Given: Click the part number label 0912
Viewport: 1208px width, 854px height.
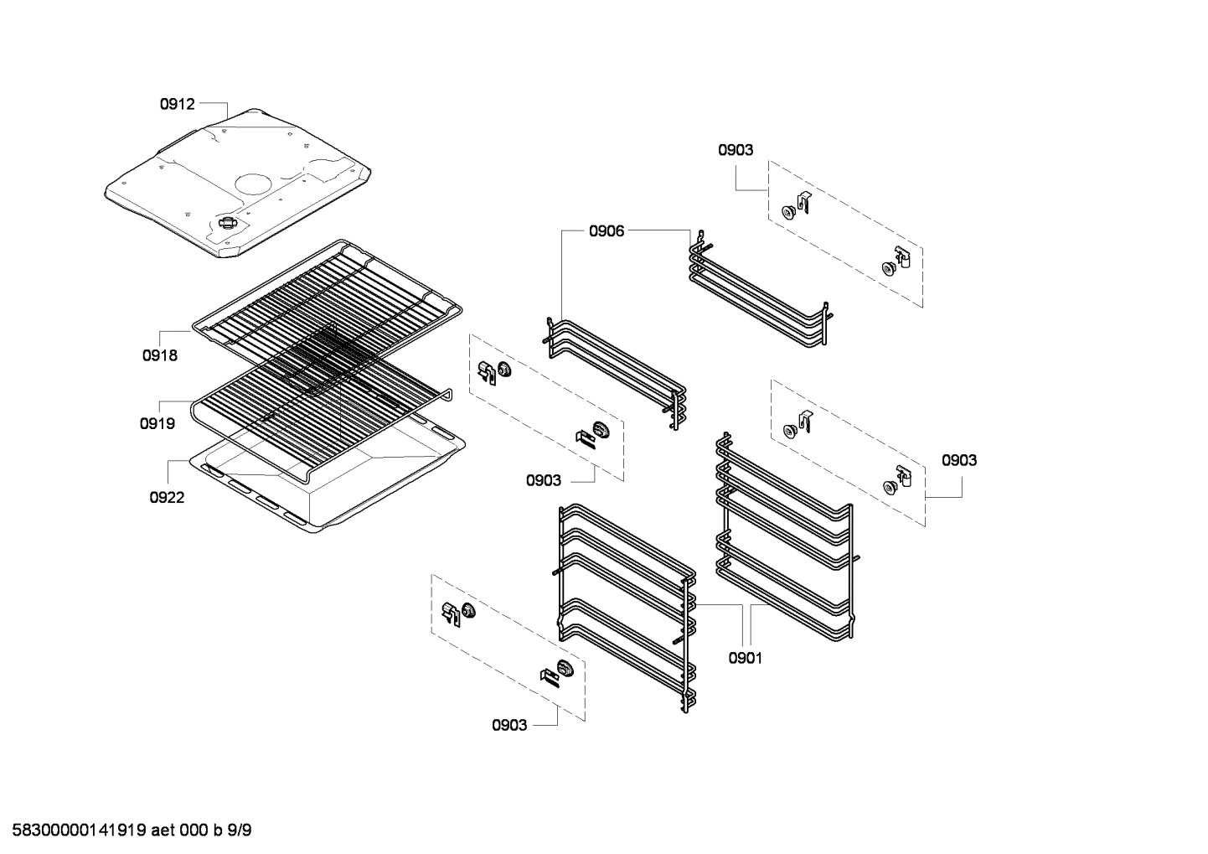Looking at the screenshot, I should pos(177,104).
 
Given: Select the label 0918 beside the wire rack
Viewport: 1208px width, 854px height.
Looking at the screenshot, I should pos(159,355).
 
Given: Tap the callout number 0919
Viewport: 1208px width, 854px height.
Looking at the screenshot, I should pos(157,423).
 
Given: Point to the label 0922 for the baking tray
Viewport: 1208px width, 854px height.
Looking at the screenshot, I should pos(167,497).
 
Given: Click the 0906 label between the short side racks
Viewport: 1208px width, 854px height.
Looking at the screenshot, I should pos(606,231).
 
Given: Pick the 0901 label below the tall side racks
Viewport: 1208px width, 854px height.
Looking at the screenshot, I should pos(745,658).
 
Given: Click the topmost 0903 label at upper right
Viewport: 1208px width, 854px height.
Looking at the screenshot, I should pos(735,150).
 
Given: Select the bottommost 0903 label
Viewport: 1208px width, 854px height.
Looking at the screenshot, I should pos(509,725).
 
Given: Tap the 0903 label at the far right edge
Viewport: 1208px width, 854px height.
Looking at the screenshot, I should pos(958,460).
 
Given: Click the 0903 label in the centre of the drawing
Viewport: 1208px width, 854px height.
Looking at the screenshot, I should pos(544,480).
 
